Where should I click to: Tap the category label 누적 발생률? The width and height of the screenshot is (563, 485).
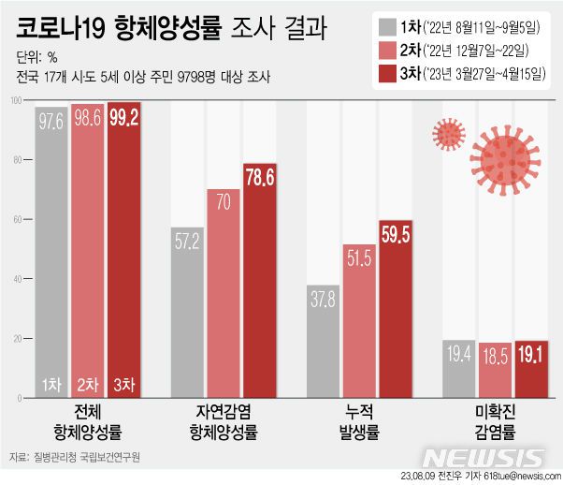[x=358, y=427]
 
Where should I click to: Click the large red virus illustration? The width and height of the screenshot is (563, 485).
[x=505, y=155]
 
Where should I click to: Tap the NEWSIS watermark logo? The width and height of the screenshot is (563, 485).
[x=483, y=458]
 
